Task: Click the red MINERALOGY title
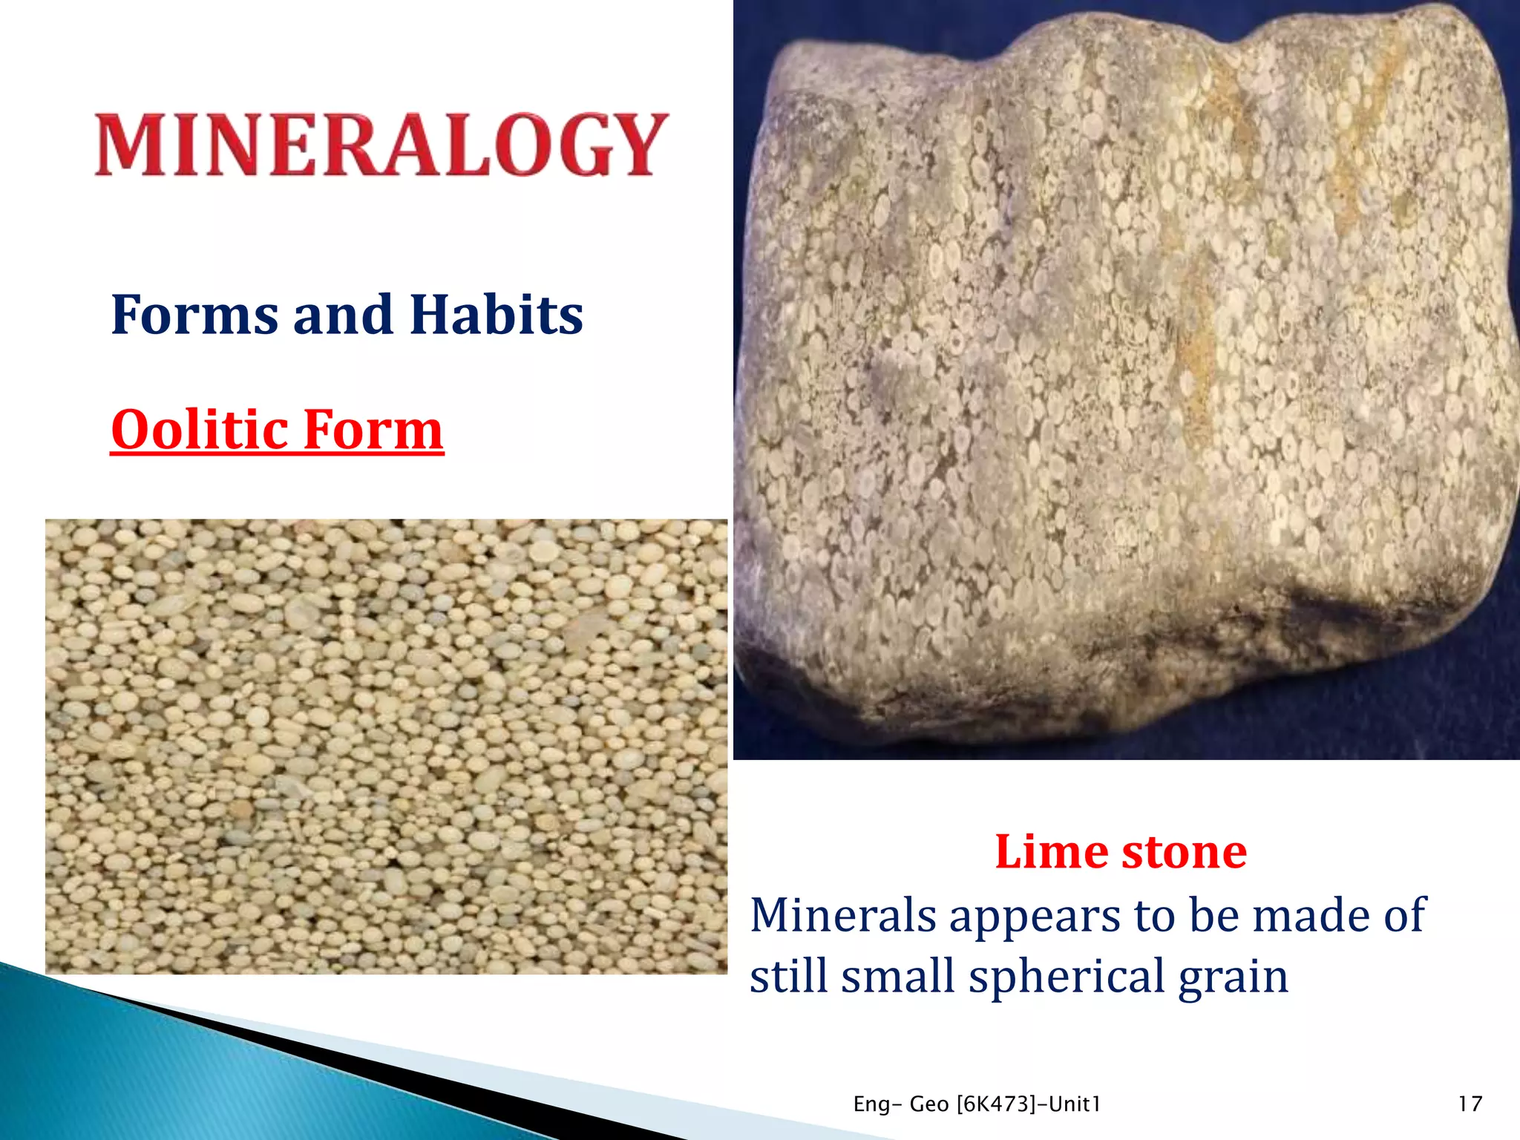point(381,145)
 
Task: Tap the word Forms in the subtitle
point(195,315)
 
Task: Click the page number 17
point(1470,1104)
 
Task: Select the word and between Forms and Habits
point(342,315)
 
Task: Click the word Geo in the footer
point(928,1104)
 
